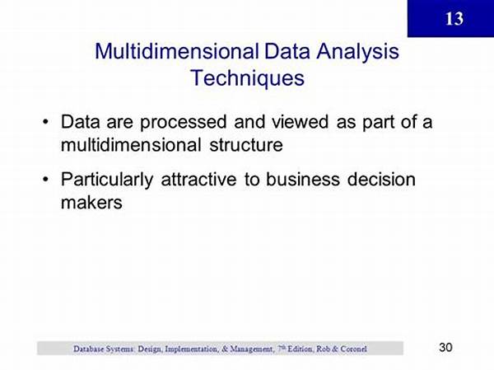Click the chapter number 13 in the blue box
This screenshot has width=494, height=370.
pos(454,19)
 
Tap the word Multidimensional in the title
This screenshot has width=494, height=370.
pos(177,51)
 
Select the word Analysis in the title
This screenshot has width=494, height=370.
pos(357,52)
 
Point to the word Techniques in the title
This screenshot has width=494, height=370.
pos(247,78)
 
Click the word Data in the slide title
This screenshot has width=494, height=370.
pos(287,51)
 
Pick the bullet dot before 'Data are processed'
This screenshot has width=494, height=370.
pos(46,122)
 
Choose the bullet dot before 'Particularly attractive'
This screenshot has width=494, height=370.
pos(46,179)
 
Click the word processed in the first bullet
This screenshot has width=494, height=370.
pos(184,123)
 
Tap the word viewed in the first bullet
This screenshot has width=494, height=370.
pos(301,121)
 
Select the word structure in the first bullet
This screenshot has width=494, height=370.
pos(246,145)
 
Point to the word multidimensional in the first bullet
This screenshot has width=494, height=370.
pos(131,145)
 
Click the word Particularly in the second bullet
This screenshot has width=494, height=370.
pos(107,180)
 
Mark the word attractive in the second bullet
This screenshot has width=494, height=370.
pos(198,179)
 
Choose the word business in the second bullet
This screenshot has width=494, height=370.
pos(303,179)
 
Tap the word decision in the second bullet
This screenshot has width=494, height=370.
pos(381,179)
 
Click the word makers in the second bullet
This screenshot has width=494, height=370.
pos(91,202)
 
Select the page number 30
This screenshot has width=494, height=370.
pos(445,347)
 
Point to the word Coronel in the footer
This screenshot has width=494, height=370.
pos(353,349)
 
